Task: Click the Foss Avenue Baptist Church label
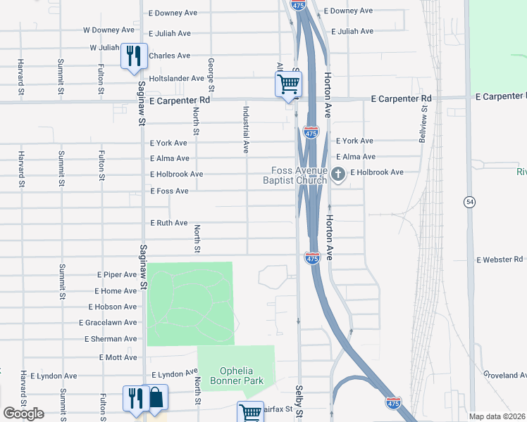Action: pyautogui.click(x=299, y=175)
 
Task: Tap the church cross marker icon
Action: pyautogui.click(x=337, y=174)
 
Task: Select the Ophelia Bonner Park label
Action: pyautogui.click(x=241, y=376)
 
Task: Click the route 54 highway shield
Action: pyautogui.click(x=469, y=202)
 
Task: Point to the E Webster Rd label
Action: pyautogui.click(x=500, y=260)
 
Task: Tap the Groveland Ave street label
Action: pyautogui.click(x=505, y=376)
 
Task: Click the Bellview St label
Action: pyautogui.click(x=424, y=124)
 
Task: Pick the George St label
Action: pyautogui.click(x=211, y=74)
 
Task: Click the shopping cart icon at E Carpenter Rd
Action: pyautogui.click(x=288, y=84)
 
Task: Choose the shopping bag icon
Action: pyautogui.click(x=156, y=397)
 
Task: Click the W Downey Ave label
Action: pyautogui.click(x=108, y=30)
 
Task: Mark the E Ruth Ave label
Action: pyautogui.click(x=169, y=223)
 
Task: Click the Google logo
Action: pyautogui.click(x=23, y=414)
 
